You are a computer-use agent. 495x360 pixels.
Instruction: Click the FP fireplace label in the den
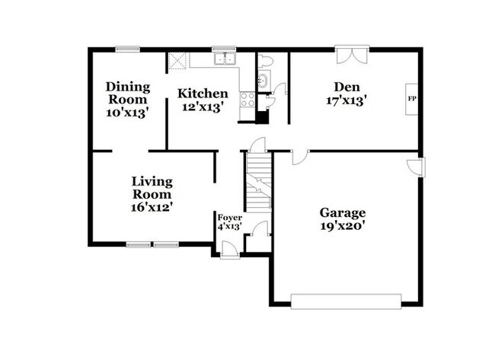[412, 99]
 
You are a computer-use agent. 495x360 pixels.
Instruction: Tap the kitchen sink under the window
[225, 59]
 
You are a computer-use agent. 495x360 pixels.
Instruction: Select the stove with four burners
[247, 100]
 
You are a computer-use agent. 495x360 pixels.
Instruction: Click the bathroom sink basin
[263, 80]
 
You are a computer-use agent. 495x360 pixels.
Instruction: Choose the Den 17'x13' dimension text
[346, 101]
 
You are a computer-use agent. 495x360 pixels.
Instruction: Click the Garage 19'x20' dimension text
[343, 226]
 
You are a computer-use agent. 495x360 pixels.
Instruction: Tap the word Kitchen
[203, 94]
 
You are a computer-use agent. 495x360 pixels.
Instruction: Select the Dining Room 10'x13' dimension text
[127, 113]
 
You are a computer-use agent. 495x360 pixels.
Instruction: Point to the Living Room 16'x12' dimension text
[152, 207]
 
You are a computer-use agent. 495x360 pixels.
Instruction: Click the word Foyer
[230, 218]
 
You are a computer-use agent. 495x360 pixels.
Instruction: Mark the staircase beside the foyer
[259, 183]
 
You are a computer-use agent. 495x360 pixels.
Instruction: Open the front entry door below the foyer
[230, 250]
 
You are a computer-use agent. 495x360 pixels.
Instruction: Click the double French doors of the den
[352, 53]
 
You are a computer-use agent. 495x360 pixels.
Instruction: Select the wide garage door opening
[346, 301]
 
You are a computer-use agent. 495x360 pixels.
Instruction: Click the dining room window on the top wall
[127, 49]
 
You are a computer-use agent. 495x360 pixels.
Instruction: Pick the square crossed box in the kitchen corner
[177, 60]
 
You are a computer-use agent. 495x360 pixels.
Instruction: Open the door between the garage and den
[300, 157]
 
